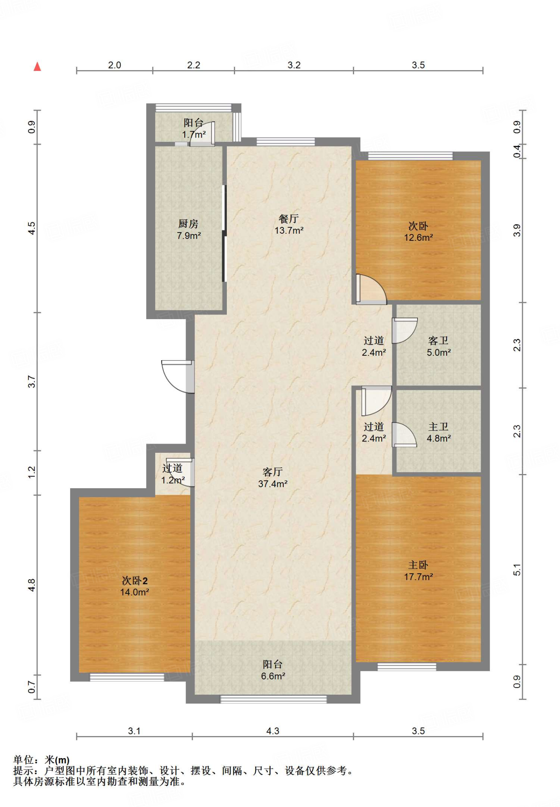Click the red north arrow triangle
click(37, 67)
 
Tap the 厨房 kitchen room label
click(189, 230)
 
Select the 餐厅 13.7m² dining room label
click(289, 225)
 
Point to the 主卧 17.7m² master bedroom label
click(418, 571)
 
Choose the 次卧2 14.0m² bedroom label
click(134, 586)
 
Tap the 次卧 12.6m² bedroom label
click(418, 232)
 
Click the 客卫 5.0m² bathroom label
click(438, 346)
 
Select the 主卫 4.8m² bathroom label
click(438, 432)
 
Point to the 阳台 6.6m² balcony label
click(273, 670)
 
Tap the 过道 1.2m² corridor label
click(173, 474)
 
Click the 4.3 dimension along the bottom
click(273, 731)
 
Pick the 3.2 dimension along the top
click(294, 65)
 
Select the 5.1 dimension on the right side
click(517, 570)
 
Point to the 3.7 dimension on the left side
click(32, 382)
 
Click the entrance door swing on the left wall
click(178, 377)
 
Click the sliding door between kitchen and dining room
click(224, 233)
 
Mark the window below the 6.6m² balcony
click(273, 699)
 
